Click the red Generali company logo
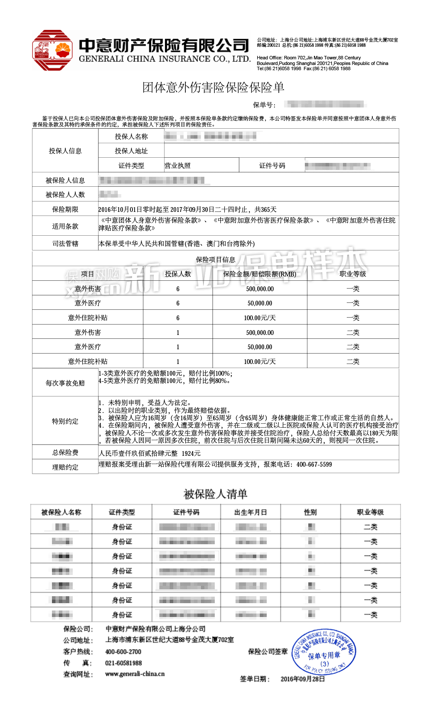[x=52, y=50]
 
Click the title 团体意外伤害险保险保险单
[x=213, y=88]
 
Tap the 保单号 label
[x=264, y=105]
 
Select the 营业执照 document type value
[x=178, y=166]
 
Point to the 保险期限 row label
[x=65, y=209]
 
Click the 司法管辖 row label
[x=65, y=244]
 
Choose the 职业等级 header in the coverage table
[x=353, y=274]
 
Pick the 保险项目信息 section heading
[x=215, y=260]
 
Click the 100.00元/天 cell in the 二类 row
[x=260, y=361]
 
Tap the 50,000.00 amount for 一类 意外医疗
[x=260, y=303]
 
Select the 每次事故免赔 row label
[x=65, y=383]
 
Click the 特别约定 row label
[x=65, y=421]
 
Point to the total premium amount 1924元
[x=191, y=453]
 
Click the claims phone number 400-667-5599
[x=314, y=464]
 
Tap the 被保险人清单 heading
[x=215, y=494]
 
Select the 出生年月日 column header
[x=250, y=512]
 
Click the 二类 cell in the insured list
[x=371, y=527]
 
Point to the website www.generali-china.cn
[x=135, y=674]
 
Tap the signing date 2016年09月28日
[x=303, y=679]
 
